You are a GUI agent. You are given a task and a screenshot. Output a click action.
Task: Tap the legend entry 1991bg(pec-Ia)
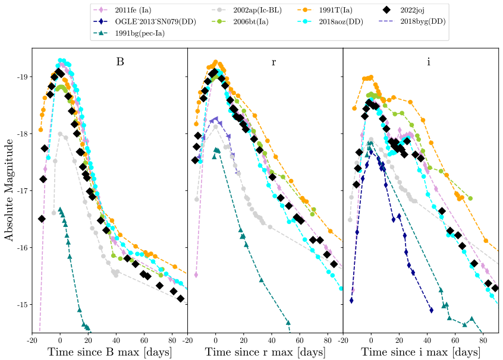pyautogui.click(x=140, y=33)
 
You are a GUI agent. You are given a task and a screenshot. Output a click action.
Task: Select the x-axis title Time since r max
pyautogui.click(x=265, y=352)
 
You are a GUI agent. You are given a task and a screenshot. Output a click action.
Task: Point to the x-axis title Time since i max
pyautogui.click(x=421, y=352)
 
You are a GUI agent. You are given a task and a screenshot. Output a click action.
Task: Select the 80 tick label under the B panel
pyautogui.click(x=172, y=339)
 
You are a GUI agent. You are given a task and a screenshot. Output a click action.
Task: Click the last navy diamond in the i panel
pyautogui.click(x=432, y=310)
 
